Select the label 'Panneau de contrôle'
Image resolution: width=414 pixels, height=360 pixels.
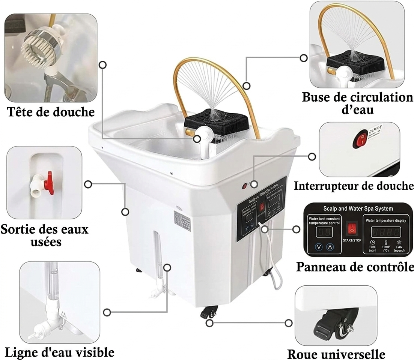coord(355,267)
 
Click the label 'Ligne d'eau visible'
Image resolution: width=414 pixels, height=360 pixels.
coord(59,352)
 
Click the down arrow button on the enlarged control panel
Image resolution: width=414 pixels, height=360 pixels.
coord(319,247)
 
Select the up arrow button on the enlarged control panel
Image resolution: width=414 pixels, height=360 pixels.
coord(330,247)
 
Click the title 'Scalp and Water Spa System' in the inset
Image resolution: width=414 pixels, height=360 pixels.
coord(358,208)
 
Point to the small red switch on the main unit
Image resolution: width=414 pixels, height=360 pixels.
coord(244,185)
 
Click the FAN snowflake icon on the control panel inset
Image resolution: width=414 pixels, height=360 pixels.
coord(399,243)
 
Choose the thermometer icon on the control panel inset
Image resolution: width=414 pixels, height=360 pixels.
coord(386,243)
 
